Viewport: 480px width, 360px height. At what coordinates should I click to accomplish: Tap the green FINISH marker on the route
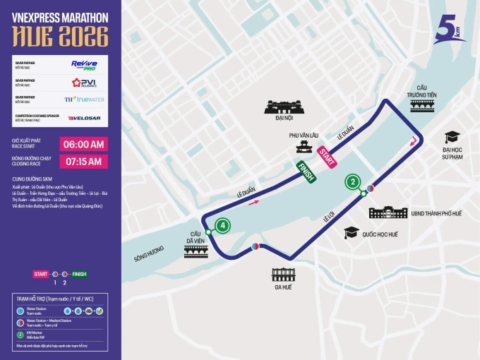[x=305, y=172]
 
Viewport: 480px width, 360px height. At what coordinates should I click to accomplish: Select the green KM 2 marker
[x=352, y=182]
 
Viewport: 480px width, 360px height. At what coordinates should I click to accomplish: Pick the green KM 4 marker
[x=223, y=226]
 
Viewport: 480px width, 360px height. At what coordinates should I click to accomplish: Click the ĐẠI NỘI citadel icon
[x=284, y=107]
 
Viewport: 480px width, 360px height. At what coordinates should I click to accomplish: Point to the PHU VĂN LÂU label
[x=305, y=134]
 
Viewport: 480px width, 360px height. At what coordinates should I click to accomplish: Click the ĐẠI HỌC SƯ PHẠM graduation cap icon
[x=452, y=138]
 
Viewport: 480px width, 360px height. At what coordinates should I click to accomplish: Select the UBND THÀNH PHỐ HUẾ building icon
[x=389, y=212]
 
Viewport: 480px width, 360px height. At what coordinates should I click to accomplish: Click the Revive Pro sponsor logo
[x=83, y=64]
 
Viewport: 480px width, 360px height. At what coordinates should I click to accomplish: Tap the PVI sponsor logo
[x=83, y=83]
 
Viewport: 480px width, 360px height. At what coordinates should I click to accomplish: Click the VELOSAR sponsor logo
[x=84, y=117]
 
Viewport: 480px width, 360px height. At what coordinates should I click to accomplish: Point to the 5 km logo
[x=448, y=30]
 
